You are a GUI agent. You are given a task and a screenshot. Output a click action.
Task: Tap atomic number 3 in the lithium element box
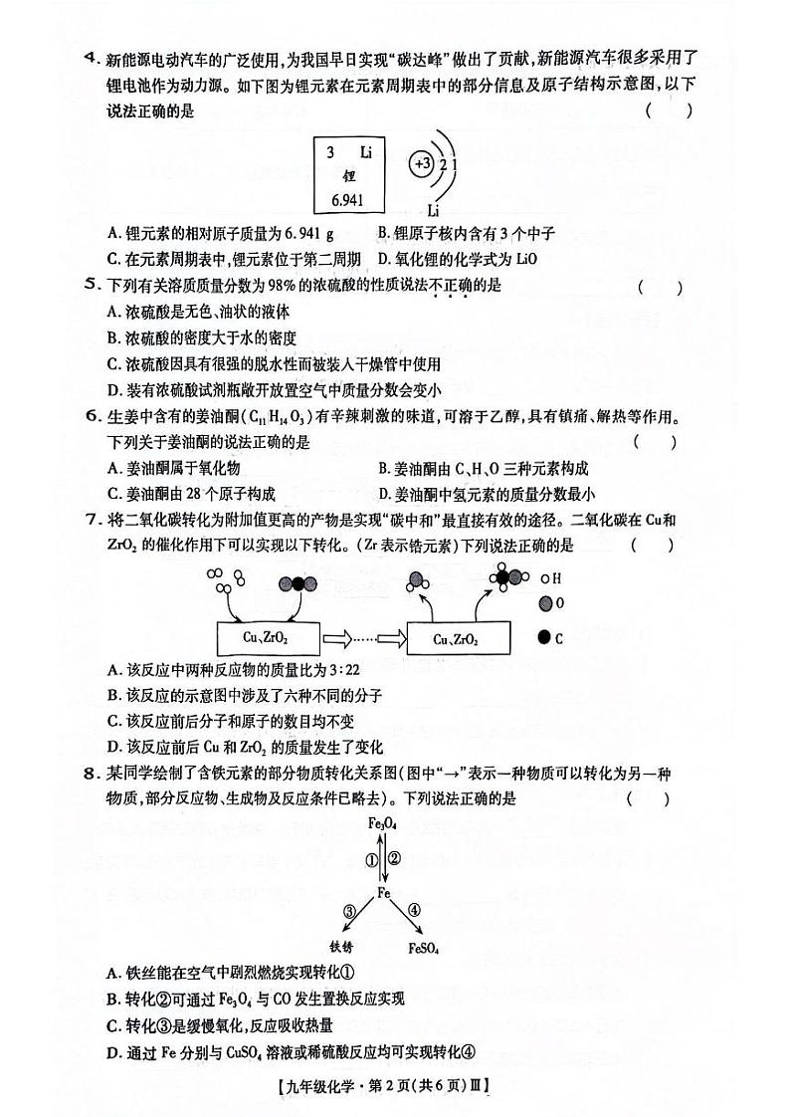tap(329, 152)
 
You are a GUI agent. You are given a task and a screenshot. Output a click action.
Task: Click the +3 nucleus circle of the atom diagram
tap(421, 163)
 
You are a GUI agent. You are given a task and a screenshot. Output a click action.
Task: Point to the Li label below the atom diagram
tap(433, 210)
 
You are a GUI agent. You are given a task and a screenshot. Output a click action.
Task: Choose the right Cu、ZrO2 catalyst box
tap(459, 638)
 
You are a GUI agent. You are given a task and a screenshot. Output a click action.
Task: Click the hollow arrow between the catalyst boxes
tap(345, 638)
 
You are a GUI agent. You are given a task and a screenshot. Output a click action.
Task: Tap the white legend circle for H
tap(544, 577)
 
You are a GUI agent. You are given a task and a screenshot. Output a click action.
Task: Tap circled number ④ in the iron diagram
tap(414, 909)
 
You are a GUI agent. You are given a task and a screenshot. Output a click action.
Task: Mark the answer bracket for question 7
tap(652, 546)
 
